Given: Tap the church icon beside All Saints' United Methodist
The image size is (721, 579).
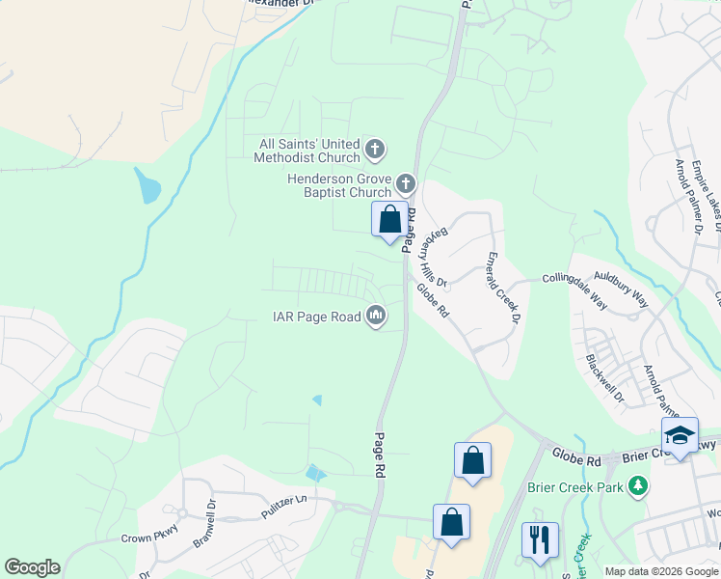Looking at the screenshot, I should click(376, 151).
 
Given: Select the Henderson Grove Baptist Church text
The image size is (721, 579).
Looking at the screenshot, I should click(339, 185).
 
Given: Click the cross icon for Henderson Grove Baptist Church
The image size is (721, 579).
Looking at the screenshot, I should click(406, 182).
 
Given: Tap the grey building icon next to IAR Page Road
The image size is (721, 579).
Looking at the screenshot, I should click(376, 316).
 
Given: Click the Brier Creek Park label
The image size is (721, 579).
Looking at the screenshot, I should click(575, 487).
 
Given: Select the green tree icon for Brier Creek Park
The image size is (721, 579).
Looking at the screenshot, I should click(636, 484).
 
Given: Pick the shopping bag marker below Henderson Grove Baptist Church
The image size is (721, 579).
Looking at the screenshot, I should click(389, 220).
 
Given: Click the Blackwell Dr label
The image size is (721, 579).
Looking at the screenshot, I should click(604, 378).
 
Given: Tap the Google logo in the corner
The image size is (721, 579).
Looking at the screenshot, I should click(32, 567).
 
